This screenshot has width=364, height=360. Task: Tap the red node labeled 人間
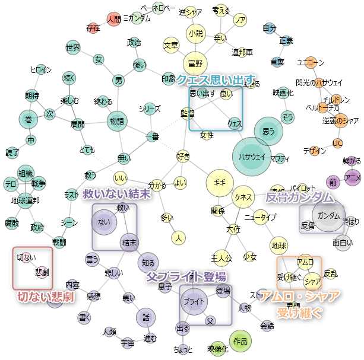coord(113,19)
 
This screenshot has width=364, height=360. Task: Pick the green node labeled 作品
coord(240,341)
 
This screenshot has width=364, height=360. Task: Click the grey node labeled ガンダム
coord(330,215)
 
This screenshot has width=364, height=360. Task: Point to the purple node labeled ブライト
coord(194,301)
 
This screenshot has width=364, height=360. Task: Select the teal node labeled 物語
coord(117,121)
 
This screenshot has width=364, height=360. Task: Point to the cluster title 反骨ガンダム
coord(299,197)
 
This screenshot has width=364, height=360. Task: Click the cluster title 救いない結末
coord(116,194)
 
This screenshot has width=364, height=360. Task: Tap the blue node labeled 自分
coord(269,28)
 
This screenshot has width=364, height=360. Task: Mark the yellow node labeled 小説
coord(195,34)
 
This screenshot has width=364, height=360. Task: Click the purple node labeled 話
coord(145,317)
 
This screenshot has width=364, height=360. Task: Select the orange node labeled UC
coord(337,143)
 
